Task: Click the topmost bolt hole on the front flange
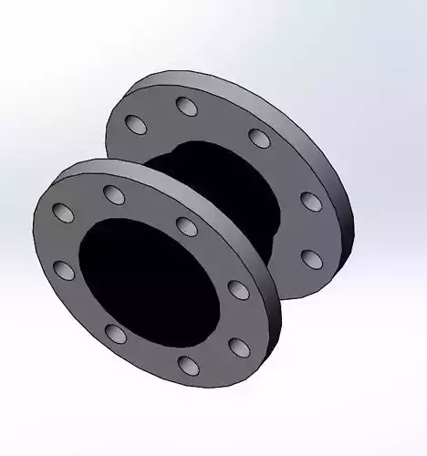pyautogui.click(x=114, y=192)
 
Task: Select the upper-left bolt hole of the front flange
pyautogui.click(x=64, y=212)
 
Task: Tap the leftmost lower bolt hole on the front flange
pyautogui.click(x=63, y=269)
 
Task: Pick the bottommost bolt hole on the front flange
pyautogui.click(x=188, y=365)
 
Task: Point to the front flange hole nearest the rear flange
pyautogui.click(x=186, y=225)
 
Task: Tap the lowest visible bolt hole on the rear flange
pyautogui.click(x=312, y=258)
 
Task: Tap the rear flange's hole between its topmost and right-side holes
pyautogui.click(x=259, y=139)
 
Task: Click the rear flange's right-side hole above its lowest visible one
pyautogui.click(x=310, y=200)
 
